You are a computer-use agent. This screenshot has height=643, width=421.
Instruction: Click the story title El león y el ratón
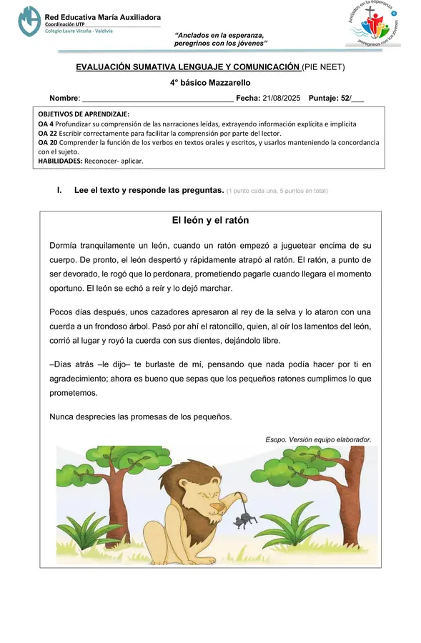pyautogui.click(x=210, y=220)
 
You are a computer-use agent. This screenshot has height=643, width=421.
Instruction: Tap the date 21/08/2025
pyautogui.click(x=282, y=98)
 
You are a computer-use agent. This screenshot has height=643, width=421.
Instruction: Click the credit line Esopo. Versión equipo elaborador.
pyautogui.click(x=318, y=439)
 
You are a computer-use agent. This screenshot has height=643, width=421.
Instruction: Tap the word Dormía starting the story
pyautogui.click(x=66, y=245)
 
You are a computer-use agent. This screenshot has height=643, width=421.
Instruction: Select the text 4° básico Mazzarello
pyautogui.click(x=210, y=83)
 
